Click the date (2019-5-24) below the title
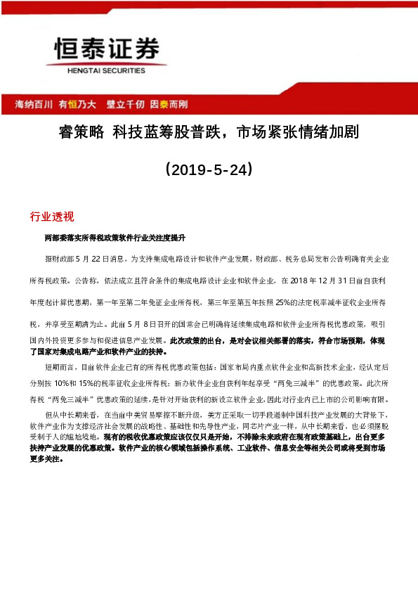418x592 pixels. (x=208, y=170)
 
